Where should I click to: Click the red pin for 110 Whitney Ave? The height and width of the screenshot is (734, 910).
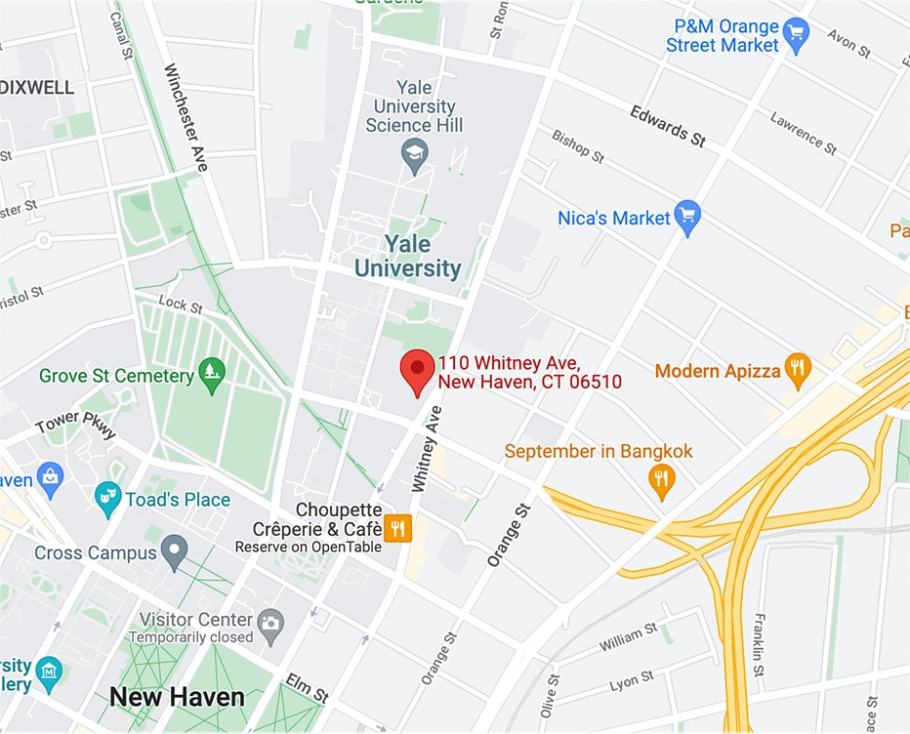(418, 370)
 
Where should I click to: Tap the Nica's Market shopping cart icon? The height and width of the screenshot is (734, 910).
(688, 218)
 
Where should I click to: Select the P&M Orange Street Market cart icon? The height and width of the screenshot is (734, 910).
(797, 35)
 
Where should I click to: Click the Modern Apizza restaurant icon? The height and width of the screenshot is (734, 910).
(798, 370)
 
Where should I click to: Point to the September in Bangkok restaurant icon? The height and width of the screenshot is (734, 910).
(662, 479)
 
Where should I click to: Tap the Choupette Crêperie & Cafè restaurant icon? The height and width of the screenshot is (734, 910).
(397, 528)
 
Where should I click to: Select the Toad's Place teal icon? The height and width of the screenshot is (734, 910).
(108, 500)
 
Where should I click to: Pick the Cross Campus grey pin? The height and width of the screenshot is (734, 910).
(174, 551)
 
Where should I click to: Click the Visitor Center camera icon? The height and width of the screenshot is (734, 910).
(270, 621)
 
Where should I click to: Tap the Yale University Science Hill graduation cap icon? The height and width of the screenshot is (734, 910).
(415, 154)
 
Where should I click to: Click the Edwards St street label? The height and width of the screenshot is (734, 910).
(668, 126)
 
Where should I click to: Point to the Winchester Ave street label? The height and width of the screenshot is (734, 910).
(186, 117)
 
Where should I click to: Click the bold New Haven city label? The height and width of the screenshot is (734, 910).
(177, 697)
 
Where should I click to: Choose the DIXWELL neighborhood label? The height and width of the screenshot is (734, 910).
(37, 87)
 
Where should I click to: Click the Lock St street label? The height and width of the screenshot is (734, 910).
(180, 305)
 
